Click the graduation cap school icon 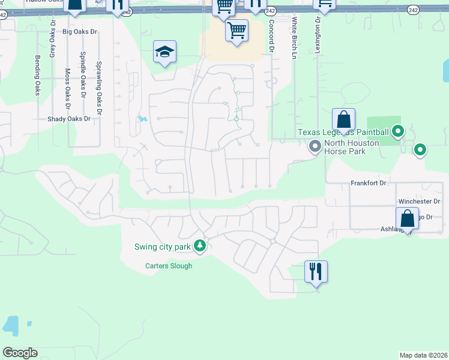tap(164, 52)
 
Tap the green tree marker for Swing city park tap(200, 246)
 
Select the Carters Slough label tap(169, 266)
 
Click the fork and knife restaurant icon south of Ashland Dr tap(316, 272)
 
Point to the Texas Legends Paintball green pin tap(397, 131)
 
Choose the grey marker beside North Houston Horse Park tap(314, 146)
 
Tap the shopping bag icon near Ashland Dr tap(407, 219)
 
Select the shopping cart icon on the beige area tap(237, 30)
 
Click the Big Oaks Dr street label tap(79, 31)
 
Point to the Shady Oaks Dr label tap(68, 119)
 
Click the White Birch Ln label tap(294, 37)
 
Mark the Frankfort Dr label tap(367, 182)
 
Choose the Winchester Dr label tap(419, 202)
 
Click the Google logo tap(20, 353)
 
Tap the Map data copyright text tap(423, 355)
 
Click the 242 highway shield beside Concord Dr tap(271, 11)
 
